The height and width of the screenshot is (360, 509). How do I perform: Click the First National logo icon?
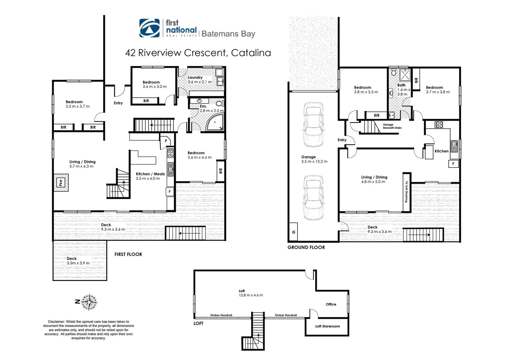point(150,28)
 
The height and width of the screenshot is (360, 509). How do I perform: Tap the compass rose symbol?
point(89,302)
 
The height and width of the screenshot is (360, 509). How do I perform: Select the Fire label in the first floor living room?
point(61,183)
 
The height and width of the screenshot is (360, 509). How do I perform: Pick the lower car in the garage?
point(313,198)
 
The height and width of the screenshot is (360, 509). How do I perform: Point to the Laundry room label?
point(195,77)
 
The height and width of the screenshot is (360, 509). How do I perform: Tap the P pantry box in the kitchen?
point(166,141)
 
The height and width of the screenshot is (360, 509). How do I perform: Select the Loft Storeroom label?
point(327,326)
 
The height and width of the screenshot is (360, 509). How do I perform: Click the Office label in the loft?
point(331,304)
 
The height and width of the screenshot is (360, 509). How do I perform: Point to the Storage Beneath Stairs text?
point(392,126)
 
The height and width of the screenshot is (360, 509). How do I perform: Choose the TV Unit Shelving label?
point(406,192)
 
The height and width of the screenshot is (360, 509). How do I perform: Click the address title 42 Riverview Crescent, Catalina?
point(198,53)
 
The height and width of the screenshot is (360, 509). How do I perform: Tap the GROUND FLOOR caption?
point(306,247)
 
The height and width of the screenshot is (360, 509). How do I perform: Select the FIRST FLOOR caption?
point(128,254)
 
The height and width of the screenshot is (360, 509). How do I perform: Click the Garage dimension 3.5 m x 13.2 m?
point(314,162)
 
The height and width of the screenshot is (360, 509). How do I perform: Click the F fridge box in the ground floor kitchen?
point(453,164)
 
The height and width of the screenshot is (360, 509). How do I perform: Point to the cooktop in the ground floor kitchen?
point(439,125)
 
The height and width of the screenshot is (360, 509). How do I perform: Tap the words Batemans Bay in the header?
point(228,34)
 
